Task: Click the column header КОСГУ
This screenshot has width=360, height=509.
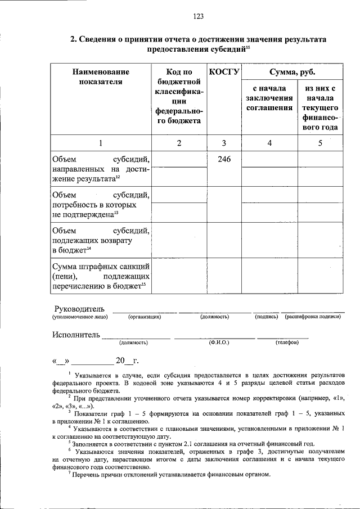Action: pos(224,72)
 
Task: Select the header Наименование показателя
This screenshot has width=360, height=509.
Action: pos(101,77)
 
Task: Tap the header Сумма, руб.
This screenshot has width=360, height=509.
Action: pos(292,72)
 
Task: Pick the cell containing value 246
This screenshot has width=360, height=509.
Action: pos(224,159)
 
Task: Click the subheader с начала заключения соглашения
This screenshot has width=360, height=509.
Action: pos(269,98)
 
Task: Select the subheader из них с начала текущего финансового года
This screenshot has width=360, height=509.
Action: pos(320,107)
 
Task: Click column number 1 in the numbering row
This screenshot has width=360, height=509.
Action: pos(101,143)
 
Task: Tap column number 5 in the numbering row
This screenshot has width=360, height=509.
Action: pos(320,143)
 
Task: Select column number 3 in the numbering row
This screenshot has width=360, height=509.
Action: pos(224,143)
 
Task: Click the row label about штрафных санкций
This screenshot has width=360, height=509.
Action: pos(100,276)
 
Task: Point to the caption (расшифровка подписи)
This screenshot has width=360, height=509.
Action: pos(313,317)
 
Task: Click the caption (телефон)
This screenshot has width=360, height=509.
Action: pos(287,342)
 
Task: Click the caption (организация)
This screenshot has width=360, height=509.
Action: pos(145,317)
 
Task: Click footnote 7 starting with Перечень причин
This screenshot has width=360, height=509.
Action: pos(169,474)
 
